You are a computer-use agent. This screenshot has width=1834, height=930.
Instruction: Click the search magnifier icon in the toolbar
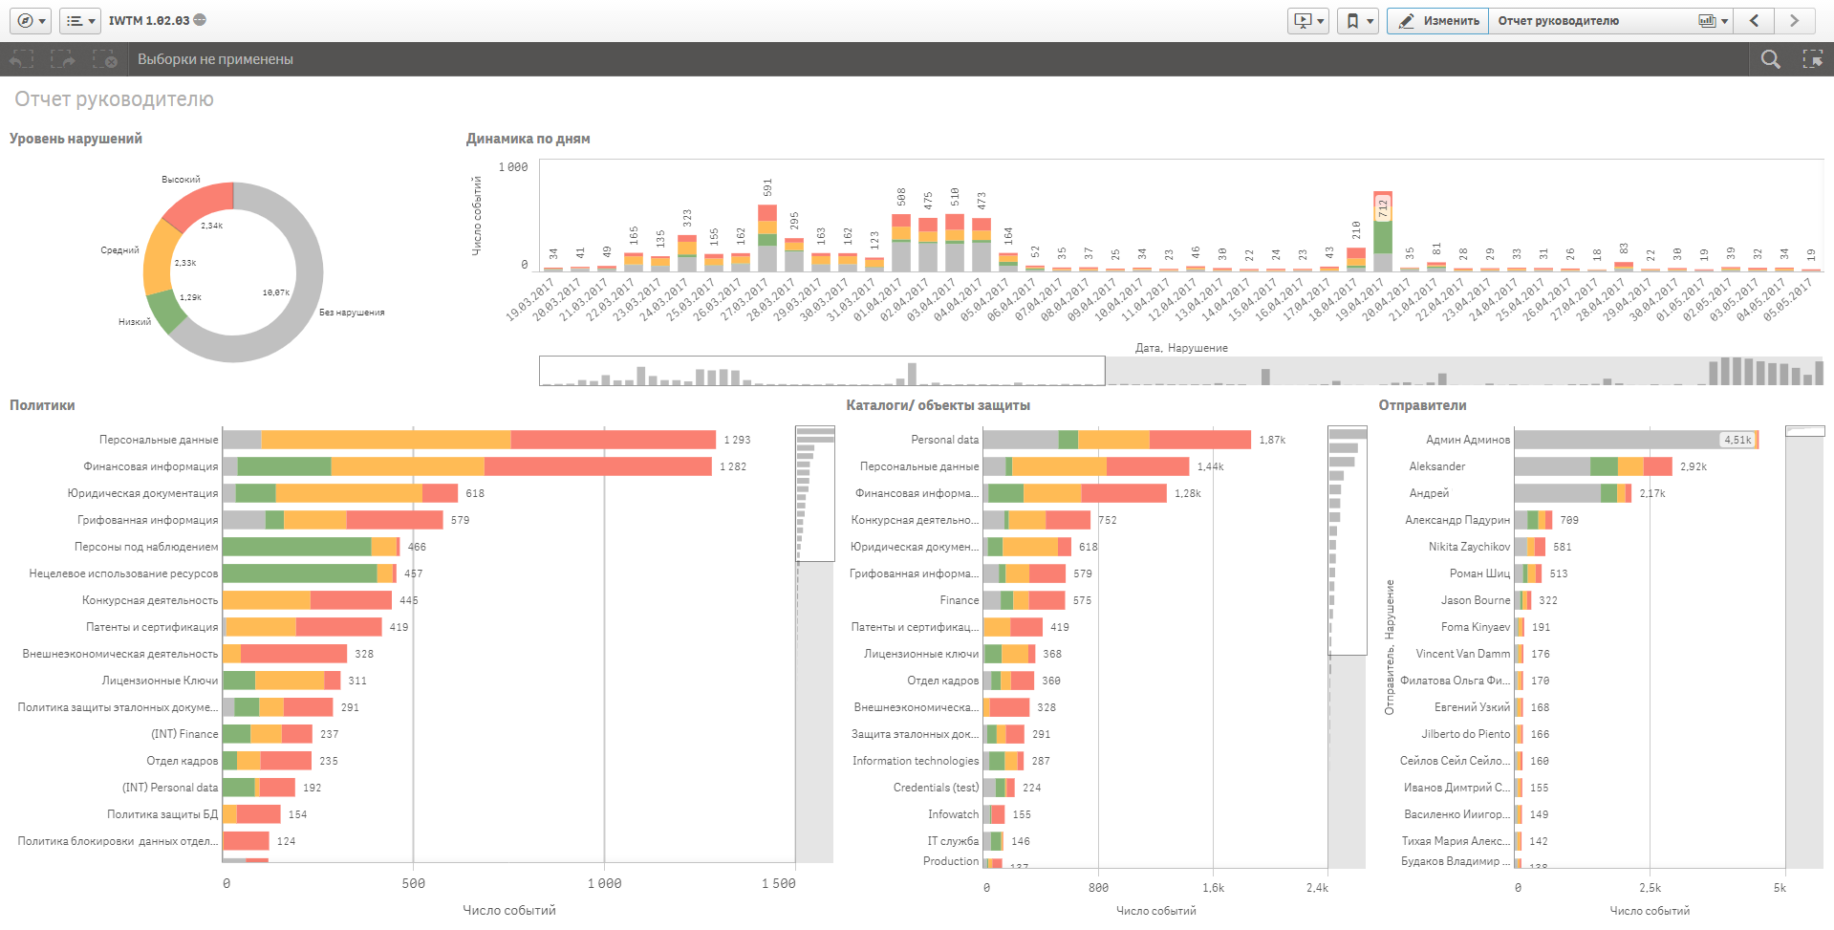click(x=1770, y=59)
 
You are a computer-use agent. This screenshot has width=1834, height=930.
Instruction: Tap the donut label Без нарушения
click(x=352, y=313)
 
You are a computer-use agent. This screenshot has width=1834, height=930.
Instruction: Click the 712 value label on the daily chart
click(x=1382, y=207)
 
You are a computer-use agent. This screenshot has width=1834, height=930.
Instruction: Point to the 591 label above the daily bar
click(x=767, y=187)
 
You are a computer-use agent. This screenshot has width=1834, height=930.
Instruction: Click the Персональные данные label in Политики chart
click(x=159, y=440)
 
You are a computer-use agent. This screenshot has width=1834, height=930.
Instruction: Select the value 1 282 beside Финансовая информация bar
click(x=733, y=466)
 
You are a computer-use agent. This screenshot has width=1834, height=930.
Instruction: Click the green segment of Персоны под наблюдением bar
click(x=296, y=547)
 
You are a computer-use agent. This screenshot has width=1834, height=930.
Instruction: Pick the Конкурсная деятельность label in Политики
click(x=150, y=600)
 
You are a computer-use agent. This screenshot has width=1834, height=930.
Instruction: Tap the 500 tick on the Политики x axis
click(x=414, y=883)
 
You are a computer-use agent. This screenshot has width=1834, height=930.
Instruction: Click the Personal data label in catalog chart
click(x=944, y=440)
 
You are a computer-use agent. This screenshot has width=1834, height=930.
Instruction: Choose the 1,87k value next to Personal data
click(x=1272, y=440)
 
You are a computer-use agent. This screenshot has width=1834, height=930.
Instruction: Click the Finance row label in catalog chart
click(x=959, y=600)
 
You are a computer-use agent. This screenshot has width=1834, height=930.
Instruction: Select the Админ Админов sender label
click(x=1468, y=440)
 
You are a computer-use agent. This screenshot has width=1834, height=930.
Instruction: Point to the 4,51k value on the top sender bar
click(x=1737, y=440)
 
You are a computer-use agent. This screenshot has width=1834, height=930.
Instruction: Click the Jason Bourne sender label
click(x=1476, y=600)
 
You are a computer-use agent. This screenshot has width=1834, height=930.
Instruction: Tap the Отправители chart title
click(x=1422, y=405)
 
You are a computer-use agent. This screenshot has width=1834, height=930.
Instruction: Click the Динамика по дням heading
click(x=528, y=139)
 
